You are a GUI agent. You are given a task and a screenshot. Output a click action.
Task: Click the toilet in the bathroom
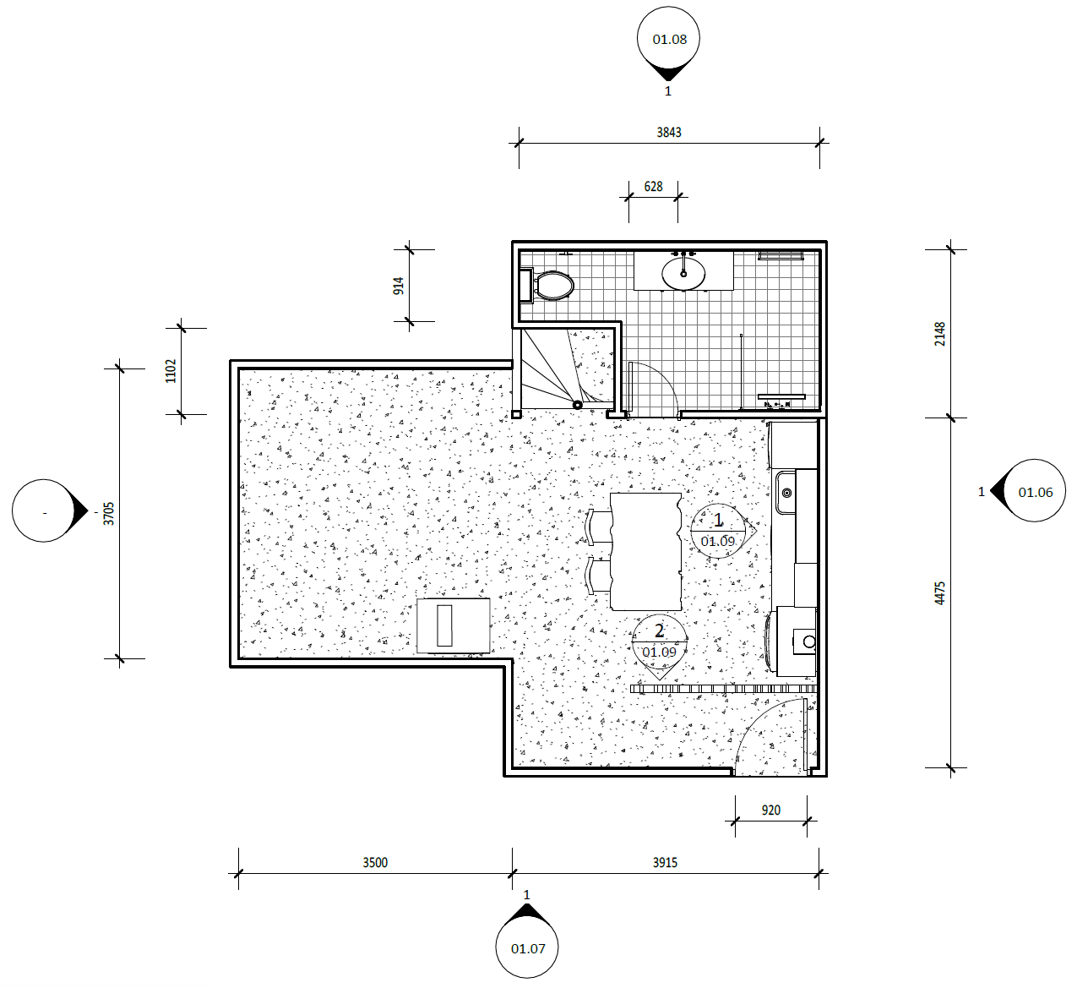547,286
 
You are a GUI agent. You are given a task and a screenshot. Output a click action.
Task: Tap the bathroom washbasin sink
683,274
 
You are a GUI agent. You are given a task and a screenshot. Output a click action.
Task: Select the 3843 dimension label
669,133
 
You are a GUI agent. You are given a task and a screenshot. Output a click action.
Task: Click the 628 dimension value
653,187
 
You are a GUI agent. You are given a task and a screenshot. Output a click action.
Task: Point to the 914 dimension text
399,286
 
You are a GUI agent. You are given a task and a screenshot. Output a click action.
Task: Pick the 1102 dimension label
171,371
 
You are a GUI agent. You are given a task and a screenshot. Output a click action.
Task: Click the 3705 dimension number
109,514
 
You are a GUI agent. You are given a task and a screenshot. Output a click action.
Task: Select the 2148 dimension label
940,334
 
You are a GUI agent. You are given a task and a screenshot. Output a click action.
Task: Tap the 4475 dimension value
940,593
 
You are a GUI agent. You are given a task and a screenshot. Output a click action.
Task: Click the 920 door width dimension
770,811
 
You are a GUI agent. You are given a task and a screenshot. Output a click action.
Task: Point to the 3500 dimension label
375,863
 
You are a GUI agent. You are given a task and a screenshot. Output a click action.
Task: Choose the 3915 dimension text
665,863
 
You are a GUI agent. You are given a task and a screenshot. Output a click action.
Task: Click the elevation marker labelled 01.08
668,42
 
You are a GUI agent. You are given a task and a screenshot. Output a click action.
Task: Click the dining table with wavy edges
645,552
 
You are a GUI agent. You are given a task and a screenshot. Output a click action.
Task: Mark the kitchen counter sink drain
786,493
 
